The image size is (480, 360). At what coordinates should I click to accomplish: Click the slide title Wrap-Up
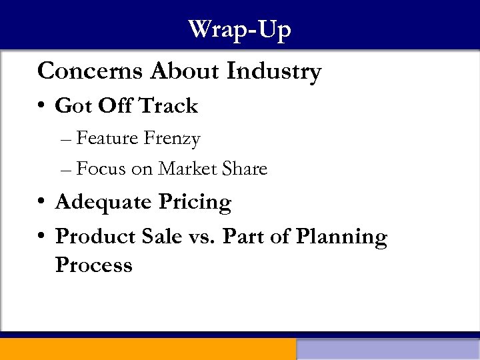point(239,30)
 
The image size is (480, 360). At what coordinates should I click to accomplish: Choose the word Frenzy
point(172,139)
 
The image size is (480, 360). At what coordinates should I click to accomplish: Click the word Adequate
point(104,202)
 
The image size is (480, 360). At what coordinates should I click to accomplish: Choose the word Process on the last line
point(94,265)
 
